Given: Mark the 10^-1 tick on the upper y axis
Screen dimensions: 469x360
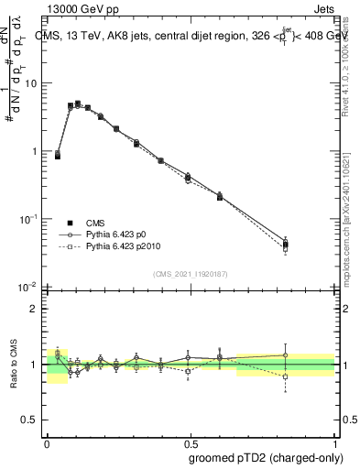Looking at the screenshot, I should point(29,219).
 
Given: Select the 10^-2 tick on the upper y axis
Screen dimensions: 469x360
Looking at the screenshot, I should point(29,287).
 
